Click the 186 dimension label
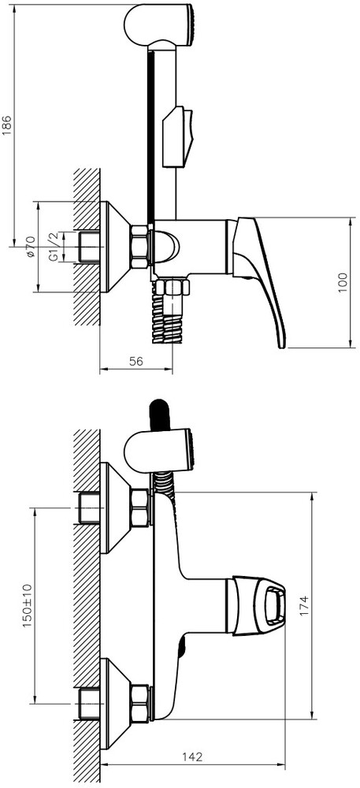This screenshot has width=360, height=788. click(6, 125)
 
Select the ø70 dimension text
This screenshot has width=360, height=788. click(30, 247)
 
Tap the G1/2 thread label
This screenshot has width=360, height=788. click(54, 247)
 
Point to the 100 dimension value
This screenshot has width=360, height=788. click(343, 283)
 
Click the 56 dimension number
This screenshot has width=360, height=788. click(136, 361)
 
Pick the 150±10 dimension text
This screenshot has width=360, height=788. click(27, 605)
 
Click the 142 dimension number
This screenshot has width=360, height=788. click(193, 756)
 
